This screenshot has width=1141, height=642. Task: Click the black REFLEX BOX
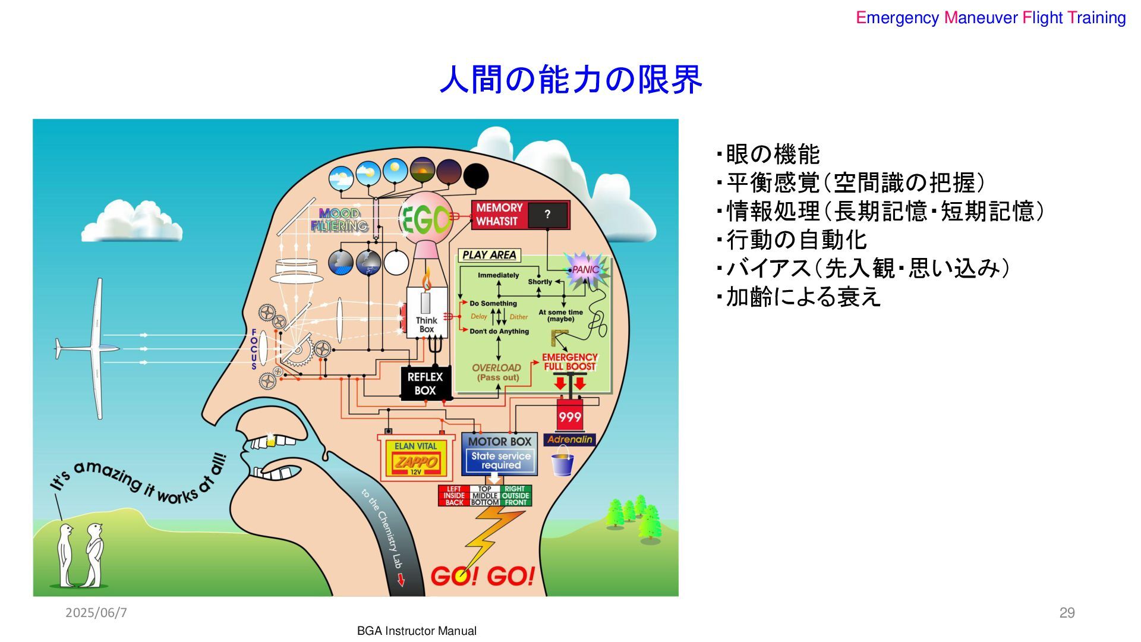[425, 384]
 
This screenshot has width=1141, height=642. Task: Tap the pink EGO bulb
[425, 219]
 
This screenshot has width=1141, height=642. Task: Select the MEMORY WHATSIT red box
[520, 215]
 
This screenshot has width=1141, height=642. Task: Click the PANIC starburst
[585, 269]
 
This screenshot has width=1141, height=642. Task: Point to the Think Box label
[427, 325]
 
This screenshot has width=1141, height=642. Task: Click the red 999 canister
[569, 416]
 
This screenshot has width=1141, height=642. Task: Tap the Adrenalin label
[569, 440]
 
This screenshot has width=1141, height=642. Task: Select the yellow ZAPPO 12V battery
[416, 461]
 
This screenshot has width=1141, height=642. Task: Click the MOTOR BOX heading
[499, 442]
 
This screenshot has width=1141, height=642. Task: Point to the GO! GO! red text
[482, 576]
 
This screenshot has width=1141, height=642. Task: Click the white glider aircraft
[95, 348]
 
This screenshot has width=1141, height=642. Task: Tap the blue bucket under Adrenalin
[562, 464]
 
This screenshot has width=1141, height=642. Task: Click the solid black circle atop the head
[475, 176]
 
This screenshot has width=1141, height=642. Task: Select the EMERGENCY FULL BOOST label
[569, 362]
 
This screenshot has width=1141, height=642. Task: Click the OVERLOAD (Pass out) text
[497, 372]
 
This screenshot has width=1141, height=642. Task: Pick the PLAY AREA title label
[489, 255]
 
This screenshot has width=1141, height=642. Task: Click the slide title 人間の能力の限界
[570, 80]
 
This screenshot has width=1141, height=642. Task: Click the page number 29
[1067, 613]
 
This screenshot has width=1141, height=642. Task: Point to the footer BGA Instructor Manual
[417, 631]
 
